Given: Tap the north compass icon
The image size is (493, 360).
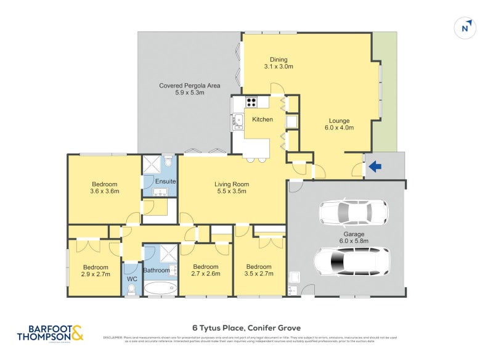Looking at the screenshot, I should pos(466,28).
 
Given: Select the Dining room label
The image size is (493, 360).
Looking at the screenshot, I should pos(278,62).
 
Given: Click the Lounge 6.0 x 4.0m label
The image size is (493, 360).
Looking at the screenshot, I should pos(339,124).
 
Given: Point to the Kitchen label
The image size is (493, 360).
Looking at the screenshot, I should pos(262,119).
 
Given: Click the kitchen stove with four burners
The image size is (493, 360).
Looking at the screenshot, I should pos(251,103).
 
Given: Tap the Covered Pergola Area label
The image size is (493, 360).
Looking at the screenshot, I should pos(189,89).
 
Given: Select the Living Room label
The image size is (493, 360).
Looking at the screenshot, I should pos(231,187).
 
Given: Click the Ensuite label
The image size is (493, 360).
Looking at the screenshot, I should pos(165,181).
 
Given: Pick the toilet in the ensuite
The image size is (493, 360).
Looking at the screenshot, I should pos(168,163).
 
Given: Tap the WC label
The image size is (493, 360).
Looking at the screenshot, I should pos(132,279).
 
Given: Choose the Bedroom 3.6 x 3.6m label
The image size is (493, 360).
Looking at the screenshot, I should pos(105,187).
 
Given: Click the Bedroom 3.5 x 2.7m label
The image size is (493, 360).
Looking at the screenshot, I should pos(258,271).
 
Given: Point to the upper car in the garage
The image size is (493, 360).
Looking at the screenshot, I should pos(353,212).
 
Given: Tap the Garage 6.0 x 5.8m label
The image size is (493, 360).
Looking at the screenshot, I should pos(353,238).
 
